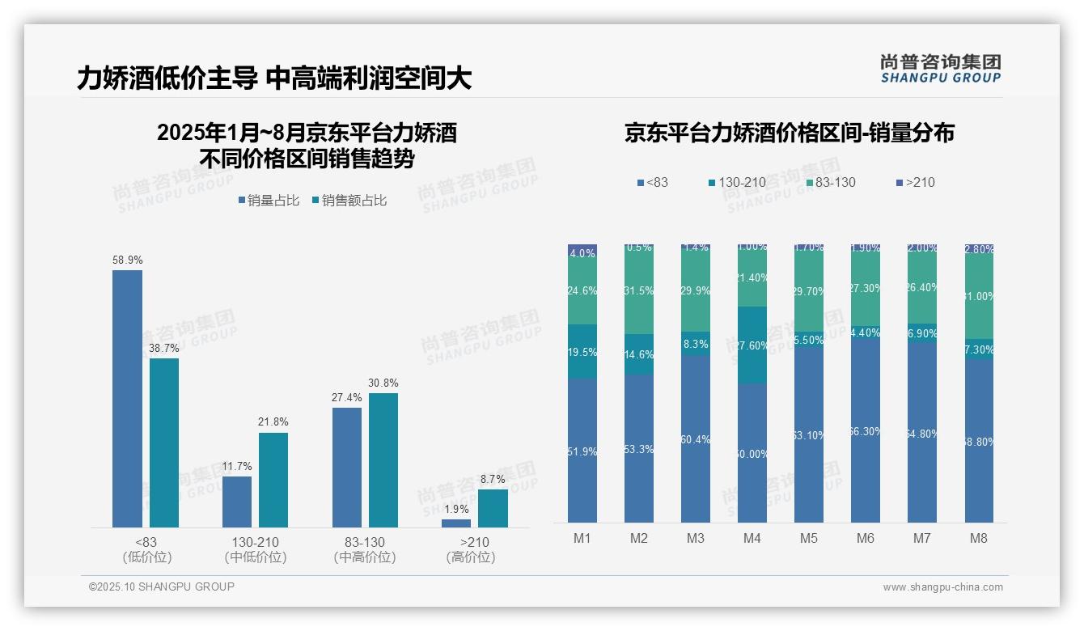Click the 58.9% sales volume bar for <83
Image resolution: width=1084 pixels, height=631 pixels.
(127, 399)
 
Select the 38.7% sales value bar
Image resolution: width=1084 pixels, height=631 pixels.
(164, 443)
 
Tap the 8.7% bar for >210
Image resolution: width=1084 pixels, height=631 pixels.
(493, 508)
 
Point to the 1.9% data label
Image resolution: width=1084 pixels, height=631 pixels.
(456, 509)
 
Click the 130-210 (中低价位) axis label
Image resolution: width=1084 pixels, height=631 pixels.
(256, 549)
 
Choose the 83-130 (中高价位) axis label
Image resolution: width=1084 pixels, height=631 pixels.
(365, 549)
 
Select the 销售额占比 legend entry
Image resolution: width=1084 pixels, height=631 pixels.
(349, 201)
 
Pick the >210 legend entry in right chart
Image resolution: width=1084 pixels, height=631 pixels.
(914, 182)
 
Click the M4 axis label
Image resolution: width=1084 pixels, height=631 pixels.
(752, 538)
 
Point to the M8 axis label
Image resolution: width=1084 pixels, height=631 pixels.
(978, 538)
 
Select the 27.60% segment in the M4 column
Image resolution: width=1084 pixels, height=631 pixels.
(752, 345)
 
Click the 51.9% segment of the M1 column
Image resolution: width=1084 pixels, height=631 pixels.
(582, 451)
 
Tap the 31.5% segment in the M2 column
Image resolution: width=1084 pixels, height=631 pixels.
(639, 291)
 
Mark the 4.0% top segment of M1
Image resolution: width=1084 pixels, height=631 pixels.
(582, 252)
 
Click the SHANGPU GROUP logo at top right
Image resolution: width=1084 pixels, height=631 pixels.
(940, 69)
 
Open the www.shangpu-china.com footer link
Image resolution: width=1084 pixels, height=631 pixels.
(942, 587)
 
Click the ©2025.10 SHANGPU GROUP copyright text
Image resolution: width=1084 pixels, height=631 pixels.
(162, 587)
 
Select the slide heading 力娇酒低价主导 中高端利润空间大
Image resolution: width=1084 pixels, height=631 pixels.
(274, 78)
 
